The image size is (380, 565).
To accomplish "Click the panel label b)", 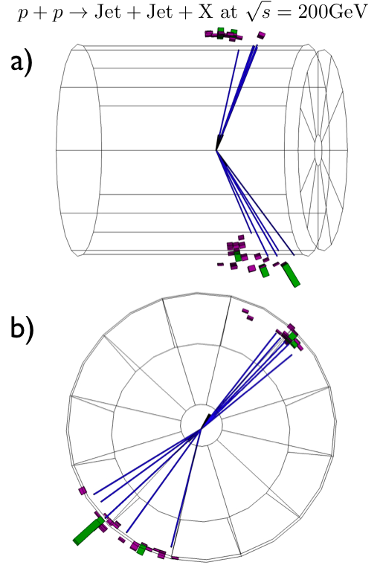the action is [x=22, y=329].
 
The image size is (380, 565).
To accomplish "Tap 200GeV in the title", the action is [x=332, y=13].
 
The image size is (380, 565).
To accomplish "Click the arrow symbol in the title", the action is [x=82, y=13].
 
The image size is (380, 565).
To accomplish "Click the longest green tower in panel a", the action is [x=291, y=274].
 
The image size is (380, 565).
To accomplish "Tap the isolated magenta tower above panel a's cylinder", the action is [x=261, y=35].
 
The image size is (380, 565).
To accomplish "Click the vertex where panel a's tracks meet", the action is [x=216, y=150].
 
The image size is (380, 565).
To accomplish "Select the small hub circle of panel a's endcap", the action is [x=318, y=150].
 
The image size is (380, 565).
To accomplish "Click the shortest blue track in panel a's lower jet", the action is [x=234, y=191].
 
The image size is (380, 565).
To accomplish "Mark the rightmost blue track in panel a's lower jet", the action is [x=255, y=202].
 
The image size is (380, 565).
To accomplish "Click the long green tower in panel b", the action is [x=88, y=531].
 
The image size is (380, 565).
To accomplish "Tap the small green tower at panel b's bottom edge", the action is [x=141, y=549].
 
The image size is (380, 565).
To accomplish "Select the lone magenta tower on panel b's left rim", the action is [x=83, y=491].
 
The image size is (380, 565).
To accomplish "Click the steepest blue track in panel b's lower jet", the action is [x=186, y=488].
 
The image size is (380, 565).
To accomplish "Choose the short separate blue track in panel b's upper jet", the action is [x=247, y=391].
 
